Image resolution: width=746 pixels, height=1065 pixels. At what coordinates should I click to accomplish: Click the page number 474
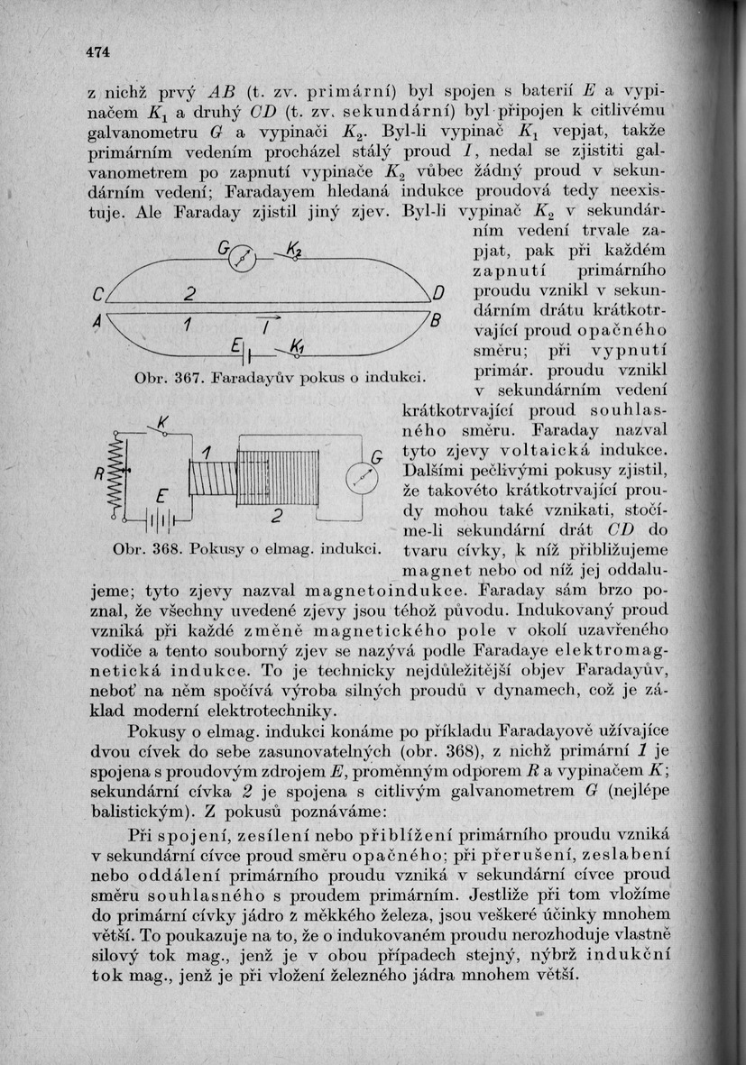point(97,52)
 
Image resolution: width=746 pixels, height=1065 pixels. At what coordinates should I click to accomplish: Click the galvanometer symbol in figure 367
point(243,260)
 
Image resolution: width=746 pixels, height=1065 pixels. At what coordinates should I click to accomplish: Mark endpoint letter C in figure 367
point(99,295)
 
